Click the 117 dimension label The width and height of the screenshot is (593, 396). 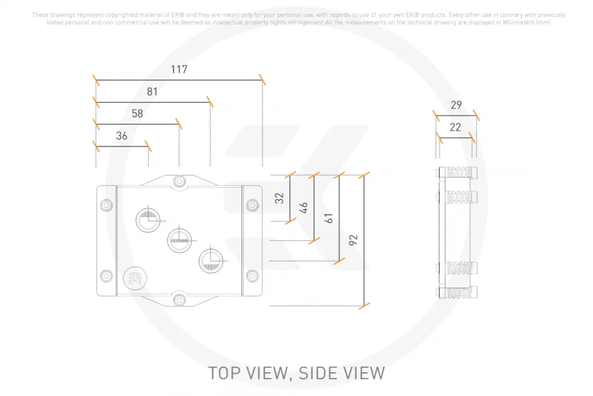point(179,69)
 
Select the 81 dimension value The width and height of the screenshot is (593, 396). point(152,92)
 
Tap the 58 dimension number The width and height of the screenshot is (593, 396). point(137,114)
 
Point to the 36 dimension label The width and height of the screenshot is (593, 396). point(122,136)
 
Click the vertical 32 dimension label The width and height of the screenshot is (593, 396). point(279,198)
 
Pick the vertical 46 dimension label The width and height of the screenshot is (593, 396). point(303,208)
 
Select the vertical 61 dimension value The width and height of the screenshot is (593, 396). point(329,218)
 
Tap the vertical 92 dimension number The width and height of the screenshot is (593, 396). point(353,240)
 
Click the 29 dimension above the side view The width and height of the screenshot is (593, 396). point(456,105)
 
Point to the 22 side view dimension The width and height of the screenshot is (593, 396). point(455,127)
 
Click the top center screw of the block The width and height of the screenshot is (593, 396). point(180,181)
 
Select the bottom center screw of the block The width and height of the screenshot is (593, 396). point(180,300)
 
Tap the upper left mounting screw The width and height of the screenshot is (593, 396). point(107,205)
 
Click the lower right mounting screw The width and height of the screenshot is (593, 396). point(252,276)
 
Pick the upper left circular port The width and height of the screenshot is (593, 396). point(148,220)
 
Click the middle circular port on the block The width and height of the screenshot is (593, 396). point(180,241)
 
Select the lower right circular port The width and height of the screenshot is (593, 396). point(211,261)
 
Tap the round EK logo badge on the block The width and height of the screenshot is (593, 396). point(135,278)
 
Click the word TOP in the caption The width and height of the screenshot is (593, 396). point(225,373)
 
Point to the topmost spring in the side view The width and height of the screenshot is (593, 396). point(459,173)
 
